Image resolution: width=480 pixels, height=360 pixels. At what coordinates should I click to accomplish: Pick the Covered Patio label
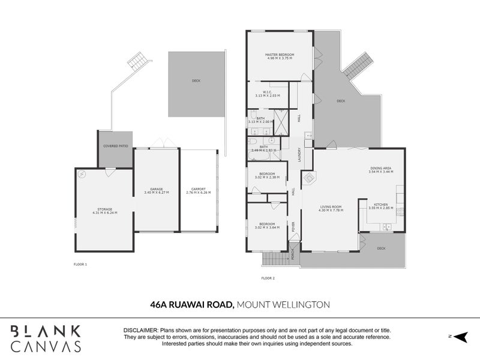115,146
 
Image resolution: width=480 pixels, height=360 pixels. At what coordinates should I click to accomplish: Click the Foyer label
294,227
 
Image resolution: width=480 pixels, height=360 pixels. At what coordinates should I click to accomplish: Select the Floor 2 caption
268,278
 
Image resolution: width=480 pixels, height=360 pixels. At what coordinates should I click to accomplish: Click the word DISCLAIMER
140,331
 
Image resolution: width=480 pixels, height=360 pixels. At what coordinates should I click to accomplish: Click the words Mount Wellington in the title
283,305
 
